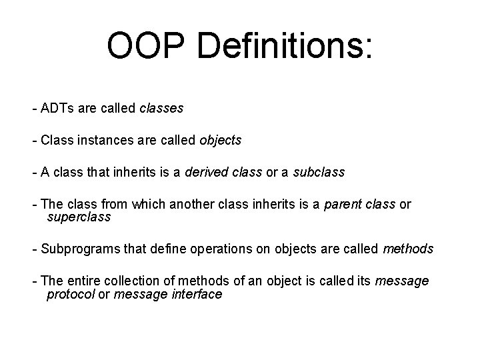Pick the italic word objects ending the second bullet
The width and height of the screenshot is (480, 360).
tap(221, 141)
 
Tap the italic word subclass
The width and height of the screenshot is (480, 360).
tap(318, 172)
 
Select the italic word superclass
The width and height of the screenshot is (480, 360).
tap(79, 217)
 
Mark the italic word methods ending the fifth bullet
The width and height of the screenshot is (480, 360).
tap(408, 249)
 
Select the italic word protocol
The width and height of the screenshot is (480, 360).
tap(71, 294)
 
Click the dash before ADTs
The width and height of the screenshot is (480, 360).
tap(33, 107)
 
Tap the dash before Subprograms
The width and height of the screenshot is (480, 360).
tap(33, 249)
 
